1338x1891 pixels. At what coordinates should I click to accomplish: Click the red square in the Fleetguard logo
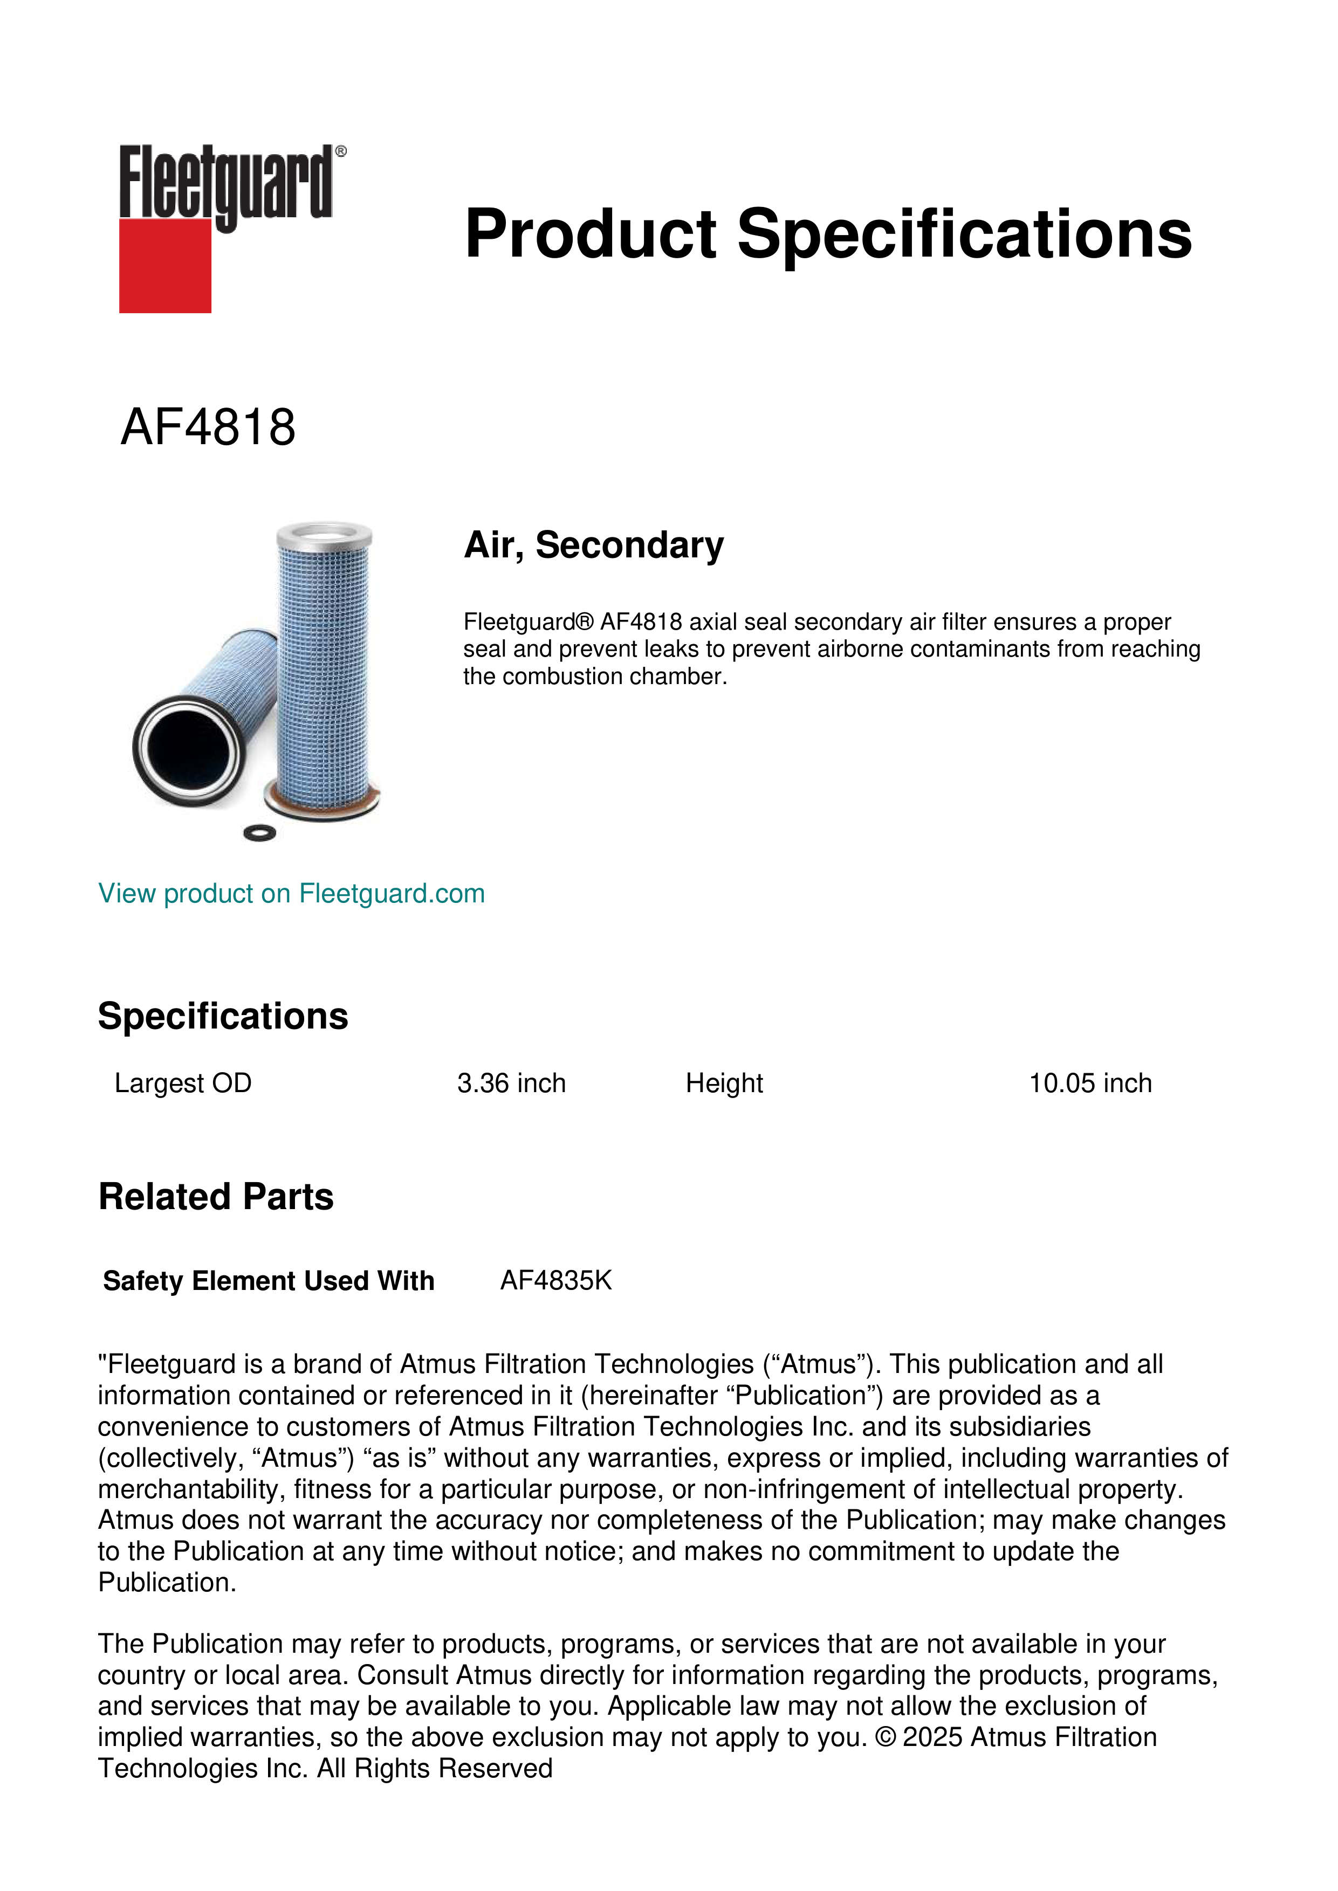coord(165,265)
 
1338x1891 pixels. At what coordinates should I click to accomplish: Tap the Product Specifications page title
coord(828,234)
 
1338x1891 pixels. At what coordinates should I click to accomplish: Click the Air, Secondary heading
coord(593,545)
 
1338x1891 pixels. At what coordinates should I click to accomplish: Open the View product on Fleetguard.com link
coord(291,894)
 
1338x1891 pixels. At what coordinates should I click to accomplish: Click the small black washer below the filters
coord(259,833)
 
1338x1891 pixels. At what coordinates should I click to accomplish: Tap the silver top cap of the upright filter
coord(325,533)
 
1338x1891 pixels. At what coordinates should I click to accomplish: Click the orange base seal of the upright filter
coord(321,799)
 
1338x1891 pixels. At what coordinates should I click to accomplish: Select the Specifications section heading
coord(222,1016)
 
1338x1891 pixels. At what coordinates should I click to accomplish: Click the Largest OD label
coord(183,1083)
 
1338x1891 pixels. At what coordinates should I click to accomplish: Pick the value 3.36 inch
coord(511,1083)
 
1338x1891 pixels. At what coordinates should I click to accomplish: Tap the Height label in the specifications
coord(724,1083)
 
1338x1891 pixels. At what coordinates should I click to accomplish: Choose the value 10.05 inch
coord(1089,1083)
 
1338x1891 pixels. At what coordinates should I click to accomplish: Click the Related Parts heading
coord(216,1197)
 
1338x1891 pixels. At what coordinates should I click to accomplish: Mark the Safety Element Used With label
coord(269,1281)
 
